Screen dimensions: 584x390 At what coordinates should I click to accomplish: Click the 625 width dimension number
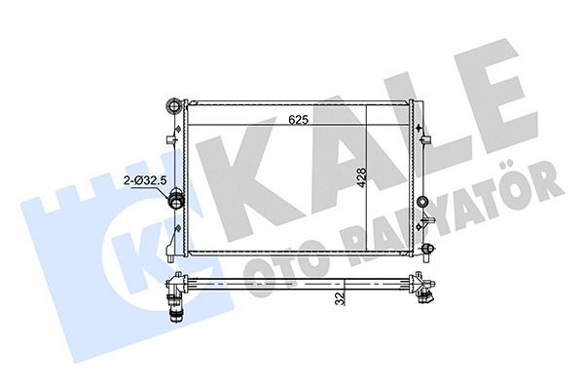click(299, 120)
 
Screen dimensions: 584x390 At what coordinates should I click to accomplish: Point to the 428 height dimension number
click(361, 177)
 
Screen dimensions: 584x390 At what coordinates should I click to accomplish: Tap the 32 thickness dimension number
click(340, 298)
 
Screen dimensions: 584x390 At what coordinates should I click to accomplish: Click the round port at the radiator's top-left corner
click(173, 106)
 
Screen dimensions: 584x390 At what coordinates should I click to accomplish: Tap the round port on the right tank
click(422, 202)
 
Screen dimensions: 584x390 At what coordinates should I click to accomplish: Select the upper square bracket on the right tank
click(425, 140)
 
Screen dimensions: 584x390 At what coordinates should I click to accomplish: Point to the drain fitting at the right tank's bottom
click(427, 249)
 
